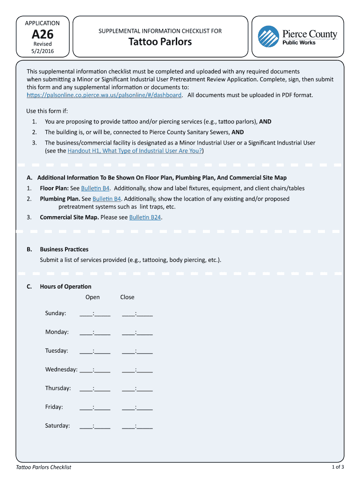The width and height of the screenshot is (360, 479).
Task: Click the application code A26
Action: (x=42, y=34)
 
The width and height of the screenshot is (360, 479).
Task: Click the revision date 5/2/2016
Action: (x=42, y=51)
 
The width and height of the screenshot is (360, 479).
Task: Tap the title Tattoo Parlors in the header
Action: (x=160, y=42)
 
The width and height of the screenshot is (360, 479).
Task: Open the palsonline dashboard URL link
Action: (x=104, y=95)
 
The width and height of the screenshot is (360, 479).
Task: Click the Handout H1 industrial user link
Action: (x=135, y=151)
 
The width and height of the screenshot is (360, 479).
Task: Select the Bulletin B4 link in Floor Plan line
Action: (x=95, y=188)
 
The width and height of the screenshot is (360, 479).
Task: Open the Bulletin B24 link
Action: (x=145, y=218)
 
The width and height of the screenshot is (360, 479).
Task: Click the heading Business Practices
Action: (x=64, y=249)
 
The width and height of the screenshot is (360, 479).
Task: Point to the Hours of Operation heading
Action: (x=65, y=286)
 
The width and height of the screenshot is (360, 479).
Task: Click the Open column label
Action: (x=93, y=297)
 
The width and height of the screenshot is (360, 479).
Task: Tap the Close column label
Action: (x=127, y=297)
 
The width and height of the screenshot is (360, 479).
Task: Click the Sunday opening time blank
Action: (x=95, y=313)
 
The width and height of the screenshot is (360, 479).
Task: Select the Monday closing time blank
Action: (x=137, y=332)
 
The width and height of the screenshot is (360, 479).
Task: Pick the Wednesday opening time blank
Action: (x=95, y=370)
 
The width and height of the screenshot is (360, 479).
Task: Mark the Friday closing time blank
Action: (x=137, y=407)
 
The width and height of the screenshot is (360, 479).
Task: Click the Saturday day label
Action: (x=58, y=426)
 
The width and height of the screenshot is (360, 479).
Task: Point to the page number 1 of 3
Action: (x=338, y=467)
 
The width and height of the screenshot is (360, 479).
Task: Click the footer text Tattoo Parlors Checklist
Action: (x=43, y=467)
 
